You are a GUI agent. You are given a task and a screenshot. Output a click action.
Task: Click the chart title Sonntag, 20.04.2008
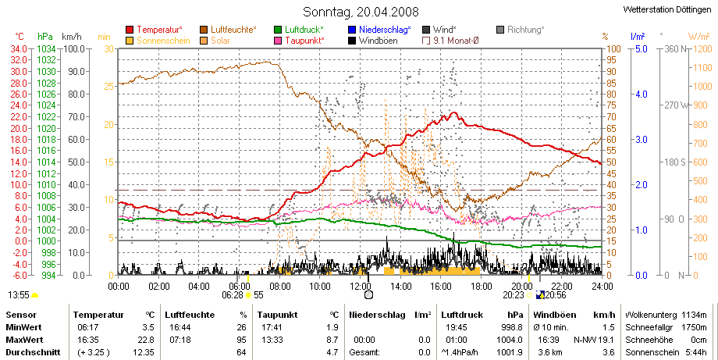[361, 12]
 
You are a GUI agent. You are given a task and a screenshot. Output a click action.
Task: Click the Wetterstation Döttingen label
[667, 9]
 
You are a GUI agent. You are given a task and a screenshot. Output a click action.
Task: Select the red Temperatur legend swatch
[130, 30]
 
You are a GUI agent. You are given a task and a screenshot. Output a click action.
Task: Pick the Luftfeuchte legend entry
[228, 30]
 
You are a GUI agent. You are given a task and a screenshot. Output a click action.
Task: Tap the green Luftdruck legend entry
[299, 30]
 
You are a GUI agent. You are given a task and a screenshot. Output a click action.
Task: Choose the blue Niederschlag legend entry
[379, 30]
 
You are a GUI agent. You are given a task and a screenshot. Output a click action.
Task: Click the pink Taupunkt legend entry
[299, 41]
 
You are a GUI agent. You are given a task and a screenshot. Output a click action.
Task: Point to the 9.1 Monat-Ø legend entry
[450, 41]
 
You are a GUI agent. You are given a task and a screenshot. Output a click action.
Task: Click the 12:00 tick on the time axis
[361, 287]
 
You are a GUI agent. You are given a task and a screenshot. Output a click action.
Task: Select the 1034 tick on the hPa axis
[46, 49]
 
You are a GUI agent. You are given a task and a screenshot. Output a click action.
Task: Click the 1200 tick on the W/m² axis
[703, 49]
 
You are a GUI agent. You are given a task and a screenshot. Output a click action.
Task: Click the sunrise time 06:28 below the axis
[232, 295]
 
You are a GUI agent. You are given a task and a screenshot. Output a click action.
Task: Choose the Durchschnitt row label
[33, 352]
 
